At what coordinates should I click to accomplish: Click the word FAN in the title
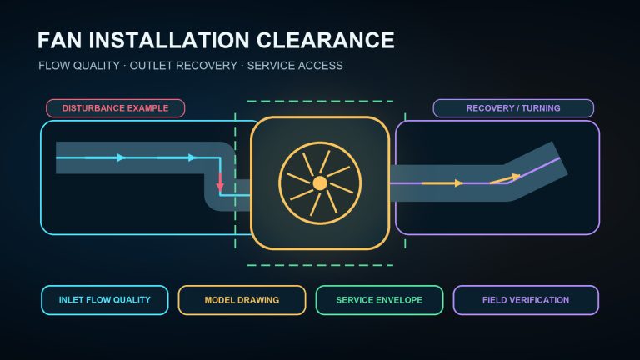point(59,40)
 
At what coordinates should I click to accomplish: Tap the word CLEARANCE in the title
point(325,40)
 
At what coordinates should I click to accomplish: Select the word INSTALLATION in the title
point(168,40)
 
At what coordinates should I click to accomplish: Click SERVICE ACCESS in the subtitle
point(295,66)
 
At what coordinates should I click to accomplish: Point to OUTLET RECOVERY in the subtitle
point(183,66)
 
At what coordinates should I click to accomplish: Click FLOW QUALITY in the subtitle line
point(79,66)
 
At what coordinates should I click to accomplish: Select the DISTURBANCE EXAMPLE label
point(116,108)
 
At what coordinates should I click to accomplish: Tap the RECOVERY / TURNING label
point(513,108)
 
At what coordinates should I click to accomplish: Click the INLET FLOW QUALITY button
point(105,300)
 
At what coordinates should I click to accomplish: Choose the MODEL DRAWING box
point(242,300)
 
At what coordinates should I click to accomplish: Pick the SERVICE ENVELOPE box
point(380,300)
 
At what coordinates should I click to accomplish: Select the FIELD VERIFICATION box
point(526,300)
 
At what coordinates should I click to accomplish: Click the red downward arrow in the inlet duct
point(220,182)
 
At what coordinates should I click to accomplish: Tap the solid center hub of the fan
point(320,183)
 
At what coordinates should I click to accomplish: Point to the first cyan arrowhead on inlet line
point(121,157)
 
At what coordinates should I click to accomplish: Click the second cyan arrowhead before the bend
point(192,157)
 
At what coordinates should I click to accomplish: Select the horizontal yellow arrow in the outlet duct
point(442,183)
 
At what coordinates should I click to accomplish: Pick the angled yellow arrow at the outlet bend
point(505,179)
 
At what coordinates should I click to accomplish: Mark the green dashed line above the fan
point(320,101)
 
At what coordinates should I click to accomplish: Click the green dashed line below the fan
point(320,265)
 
